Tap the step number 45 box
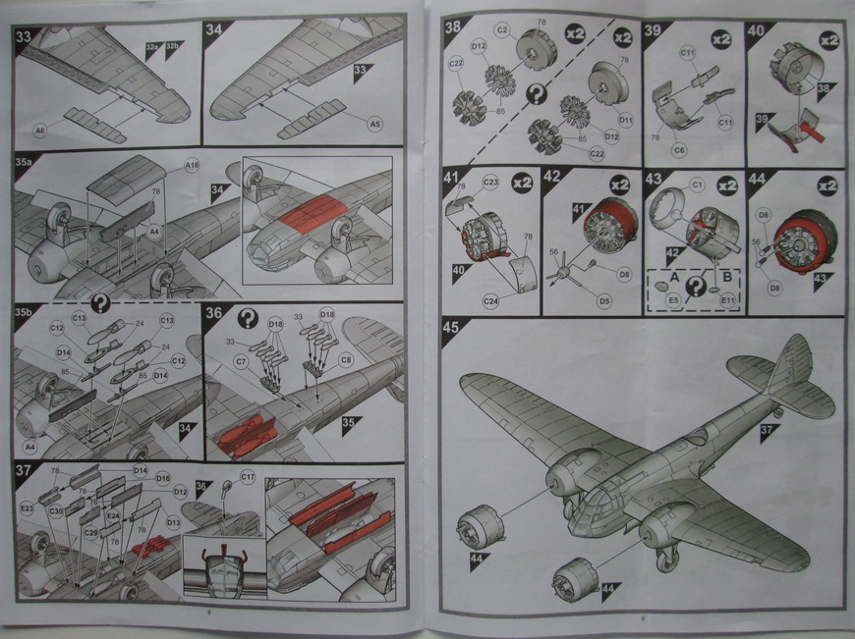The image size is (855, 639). pyautogui.click(x=455, y=330)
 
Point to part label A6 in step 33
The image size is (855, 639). pyautogui.click(x=40, y=129)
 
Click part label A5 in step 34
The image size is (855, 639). pyautogui.click(x=375, y=123)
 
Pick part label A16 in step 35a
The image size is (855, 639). pyautogui.click(x=192, y=167)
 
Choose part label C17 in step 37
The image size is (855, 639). pyautogui.click(x=248, y=477)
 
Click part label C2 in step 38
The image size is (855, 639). pyautogui.click(x=501, y=31)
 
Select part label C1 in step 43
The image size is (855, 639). pyautogui.click(x=698, y=185)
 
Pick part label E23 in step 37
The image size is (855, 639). pyautogui.click(x=28, y=507)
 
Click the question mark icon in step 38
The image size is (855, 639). pyautogui.click(x=538, y=94)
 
